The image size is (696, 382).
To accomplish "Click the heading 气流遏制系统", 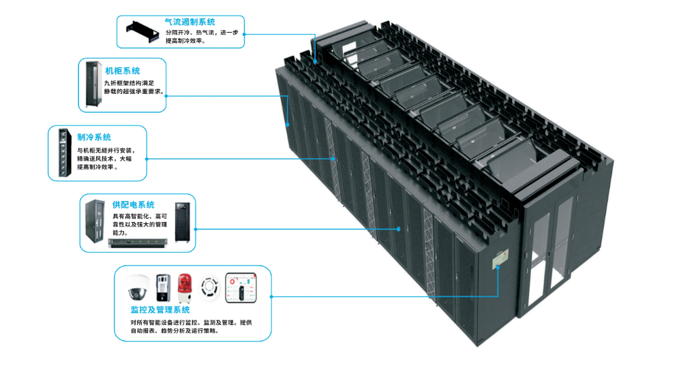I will (190, 22).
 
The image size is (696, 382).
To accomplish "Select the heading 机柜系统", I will (123, 70).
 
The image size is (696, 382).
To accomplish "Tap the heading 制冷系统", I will (94, 138).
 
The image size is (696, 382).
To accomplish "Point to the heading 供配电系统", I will (134, 204).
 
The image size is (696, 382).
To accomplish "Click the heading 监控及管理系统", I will (160, 311).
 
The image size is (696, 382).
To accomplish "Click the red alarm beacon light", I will (183, 287).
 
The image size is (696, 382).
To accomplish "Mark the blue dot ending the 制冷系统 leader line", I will (334, 159).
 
